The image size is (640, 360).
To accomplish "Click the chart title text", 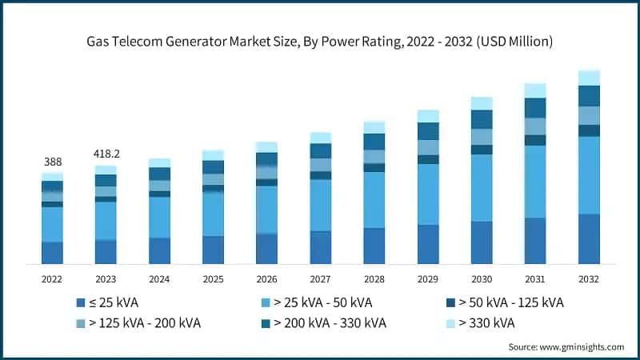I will pos(320,39).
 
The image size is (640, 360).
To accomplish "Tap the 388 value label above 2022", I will pos(52,162).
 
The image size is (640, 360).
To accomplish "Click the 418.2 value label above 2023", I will pos(106,153).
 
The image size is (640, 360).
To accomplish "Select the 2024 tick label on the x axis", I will pos(159,279).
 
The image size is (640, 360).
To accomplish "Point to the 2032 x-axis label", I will pos(588,279).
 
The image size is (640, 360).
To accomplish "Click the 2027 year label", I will pos(320,279).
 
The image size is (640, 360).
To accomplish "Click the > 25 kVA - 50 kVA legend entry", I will pos(317,303).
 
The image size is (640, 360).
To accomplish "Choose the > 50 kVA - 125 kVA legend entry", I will pos(505,303).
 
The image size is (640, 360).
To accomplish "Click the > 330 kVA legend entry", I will pos(480,323).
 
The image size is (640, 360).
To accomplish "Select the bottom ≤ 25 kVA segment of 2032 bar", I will pos(589,238).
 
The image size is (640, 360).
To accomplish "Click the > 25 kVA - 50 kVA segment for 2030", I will pos(482,188).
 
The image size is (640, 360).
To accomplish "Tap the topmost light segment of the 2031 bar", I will pos(535,90).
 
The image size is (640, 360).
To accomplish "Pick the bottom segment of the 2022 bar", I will pos(52,253).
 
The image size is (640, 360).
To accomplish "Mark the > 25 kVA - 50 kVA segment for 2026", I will pos(266,210).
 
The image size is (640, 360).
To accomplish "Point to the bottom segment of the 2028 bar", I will pos(374,246).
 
